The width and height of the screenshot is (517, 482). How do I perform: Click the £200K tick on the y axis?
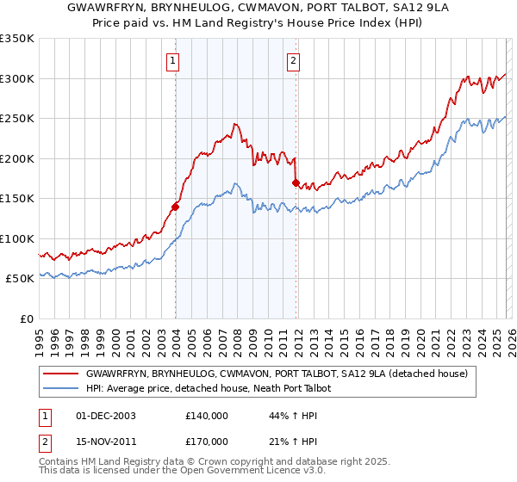[x=16, y=158]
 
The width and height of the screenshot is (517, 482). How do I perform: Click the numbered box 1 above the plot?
[x=173, y=60]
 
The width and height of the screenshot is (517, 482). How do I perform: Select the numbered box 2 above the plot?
[x=294, y=60]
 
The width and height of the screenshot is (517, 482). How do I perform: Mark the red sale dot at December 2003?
[x=175, y=207]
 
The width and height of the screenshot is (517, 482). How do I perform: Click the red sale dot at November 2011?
[x=296, y=182]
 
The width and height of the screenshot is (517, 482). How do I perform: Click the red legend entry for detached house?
[x=276, y=374]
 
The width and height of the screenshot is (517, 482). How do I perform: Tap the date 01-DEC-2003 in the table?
[x=105, y=416]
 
